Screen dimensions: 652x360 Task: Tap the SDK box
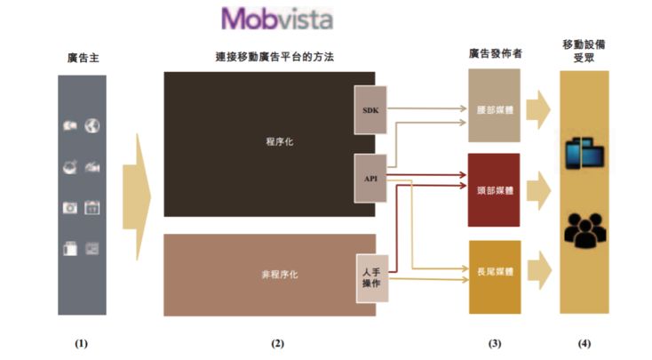click(370, 111)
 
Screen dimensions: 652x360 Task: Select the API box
click(370, 178)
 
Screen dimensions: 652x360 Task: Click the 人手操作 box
click(372, 276)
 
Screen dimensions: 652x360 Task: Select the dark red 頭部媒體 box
click(494, 189)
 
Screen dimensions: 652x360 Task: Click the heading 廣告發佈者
click(495, 54)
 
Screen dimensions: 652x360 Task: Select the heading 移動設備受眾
click(584, 51)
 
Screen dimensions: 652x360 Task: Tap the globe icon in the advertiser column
click(92, 127)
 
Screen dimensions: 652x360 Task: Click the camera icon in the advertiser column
click(69, 208)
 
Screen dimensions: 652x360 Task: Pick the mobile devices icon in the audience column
click(584, 154)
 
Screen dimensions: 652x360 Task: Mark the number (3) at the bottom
click(495, 342)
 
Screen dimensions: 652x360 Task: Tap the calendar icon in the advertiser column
click(92, 208)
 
